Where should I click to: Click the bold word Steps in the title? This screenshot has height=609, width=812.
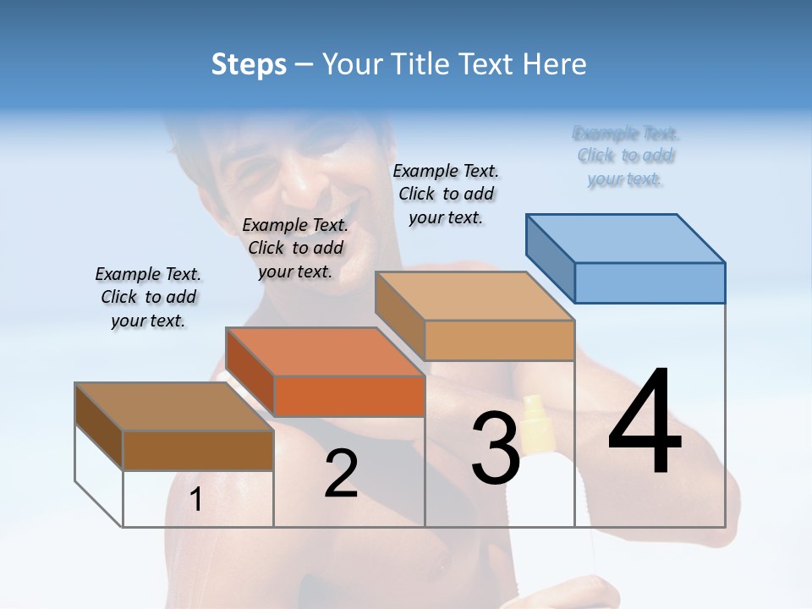click(249, 64)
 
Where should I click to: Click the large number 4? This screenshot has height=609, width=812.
click(645, 422)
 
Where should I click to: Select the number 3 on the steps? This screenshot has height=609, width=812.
click(495, 448)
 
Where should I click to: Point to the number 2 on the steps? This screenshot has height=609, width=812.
click(341, 474)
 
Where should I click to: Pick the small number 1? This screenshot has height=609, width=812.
click(195, 499)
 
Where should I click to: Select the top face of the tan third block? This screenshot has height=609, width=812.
click(475, 296)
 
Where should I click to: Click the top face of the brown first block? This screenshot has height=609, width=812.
click(174, 407)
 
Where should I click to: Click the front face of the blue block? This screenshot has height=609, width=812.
click(650, 283)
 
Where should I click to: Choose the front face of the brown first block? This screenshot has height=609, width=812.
click(198, 450)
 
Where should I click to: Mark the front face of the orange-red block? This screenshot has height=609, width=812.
click(349, 396)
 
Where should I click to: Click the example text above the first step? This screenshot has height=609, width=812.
click(148, 297)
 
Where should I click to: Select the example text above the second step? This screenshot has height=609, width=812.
click(295, 248)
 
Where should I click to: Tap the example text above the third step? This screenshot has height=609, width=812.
click(446, 194)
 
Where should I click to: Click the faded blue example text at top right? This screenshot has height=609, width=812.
click(626, 156)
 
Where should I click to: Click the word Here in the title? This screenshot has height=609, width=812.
click(554, 64)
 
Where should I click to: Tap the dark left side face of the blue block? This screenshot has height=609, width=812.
click(551, 257)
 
